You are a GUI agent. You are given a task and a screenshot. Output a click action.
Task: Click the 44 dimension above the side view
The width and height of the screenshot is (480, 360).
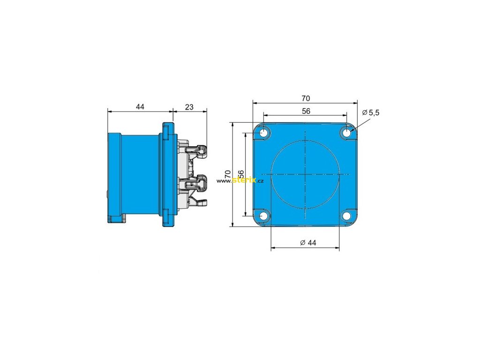pos(140,106)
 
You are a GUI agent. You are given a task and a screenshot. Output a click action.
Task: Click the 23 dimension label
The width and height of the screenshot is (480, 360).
pos(189,107)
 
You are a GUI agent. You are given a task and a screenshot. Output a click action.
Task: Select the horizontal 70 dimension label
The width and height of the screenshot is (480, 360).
pos(306,98)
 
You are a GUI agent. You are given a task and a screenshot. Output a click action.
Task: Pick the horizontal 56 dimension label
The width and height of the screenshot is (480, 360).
pos(306,111)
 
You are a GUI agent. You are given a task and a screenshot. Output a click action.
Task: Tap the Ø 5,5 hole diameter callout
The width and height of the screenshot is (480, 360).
pos(371,112)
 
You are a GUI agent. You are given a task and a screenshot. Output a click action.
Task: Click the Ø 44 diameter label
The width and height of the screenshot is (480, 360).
pos(308,243)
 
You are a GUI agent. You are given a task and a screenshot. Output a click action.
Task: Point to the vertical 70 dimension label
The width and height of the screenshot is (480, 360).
pos(228,174)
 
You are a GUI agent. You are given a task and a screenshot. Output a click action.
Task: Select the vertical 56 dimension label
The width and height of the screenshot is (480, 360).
pos(241,174)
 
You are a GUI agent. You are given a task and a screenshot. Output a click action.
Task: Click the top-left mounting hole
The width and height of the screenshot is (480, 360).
pos(263,133)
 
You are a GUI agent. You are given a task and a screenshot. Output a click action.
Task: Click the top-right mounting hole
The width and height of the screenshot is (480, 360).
pos(346,133)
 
